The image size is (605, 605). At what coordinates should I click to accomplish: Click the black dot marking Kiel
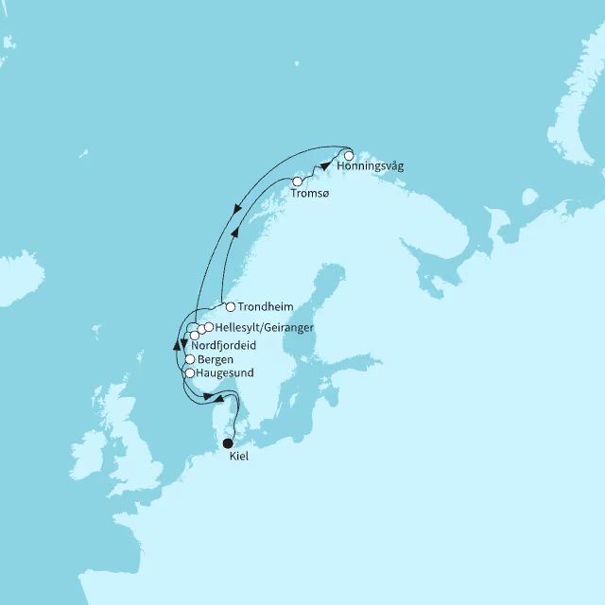tap(227, 442)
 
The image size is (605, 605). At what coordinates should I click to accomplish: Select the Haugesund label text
tap(225, 373)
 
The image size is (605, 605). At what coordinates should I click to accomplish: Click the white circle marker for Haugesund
tap(189, 373)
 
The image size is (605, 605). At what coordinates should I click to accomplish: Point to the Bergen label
tap(216, 360)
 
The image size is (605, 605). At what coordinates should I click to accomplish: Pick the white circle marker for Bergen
tap(190, 359)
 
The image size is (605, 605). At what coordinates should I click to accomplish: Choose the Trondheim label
tap(265, 307)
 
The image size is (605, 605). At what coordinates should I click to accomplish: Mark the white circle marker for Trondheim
tap(230, 306)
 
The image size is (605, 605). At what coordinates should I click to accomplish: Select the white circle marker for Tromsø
tap(297, 181)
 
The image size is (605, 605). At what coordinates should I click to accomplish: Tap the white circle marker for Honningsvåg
tap(349, 155)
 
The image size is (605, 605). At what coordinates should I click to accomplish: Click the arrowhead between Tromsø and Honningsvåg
tap(326, 164)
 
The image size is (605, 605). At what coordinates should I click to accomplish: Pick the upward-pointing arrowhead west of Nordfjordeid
tap(177, 345)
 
